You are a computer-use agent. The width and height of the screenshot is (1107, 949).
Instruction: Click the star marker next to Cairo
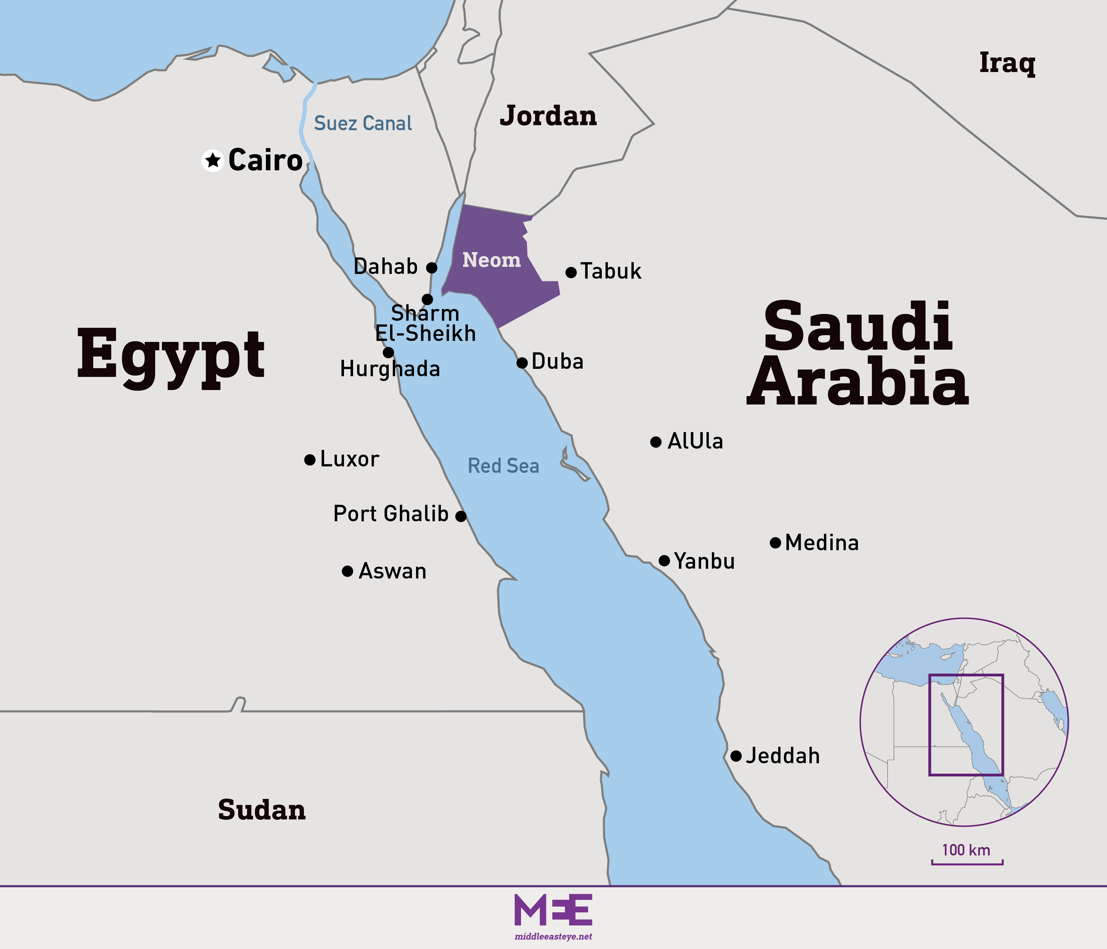pyautogui.click(x=213, y=160)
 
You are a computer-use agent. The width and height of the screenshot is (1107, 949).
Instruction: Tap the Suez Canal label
pyautogui.click(x=363, y=124)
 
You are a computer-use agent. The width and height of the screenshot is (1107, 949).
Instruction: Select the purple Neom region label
pyautogui.click(x=491, y=260)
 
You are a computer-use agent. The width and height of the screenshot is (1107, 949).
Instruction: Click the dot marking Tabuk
pyautogui.click(x=570, y=272)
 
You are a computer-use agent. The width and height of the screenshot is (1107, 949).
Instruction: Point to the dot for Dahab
pyautogui.click(x=432, y=267)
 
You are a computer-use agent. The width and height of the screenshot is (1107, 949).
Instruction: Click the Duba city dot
pyautogui.click(x=522, y=363)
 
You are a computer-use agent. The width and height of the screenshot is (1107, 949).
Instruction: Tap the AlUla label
pyautogui.click(x=695, y=441)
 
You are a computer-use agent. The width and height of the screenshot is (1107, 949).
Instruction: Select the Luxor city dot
pyautogui.click(x=309, y=459)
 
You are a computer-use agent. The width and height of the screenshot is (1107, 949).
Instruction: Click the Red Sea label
pyautogui.click(x=503, y=466)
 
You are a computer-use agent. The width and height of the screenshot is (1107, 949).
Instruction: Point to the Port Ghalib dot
pyautogui.click(x=460, y=516)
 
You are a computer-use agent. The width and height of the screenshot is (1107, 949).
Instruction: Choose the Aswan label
pyautogui.click(x=393, y=571)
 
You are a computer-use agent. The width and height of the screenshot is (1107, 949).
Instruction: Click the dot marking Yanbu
pyautogui.click(x=664, y=560)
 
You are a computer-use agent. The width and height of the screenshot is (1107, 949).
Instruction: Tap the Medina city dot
pyautogui.click(x=775, y=542)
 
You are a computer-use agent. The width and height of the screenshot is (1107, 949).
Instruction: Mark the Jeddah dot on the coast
pyautogui.click(x=736, y=756)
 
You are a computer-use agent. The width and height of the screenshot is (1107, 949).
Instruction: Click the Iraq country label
pyautogui.click(x=1007, y=63)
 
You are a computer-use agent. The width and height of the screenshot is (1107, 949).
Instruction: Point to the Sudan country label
pyautogui.click(x=262, y=810)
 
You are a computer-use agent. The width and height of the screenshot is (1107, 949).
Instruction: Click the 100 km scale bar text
pyautogui.click(x=966, y=850)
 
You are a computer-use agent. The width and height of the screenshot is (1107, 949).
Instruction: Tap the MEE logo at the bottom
pyautogui.click(x=553, y=910)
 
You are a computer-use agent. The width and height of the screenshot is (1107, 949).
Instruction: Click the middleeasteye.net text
pyautogui.click(x=553, y=936)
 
